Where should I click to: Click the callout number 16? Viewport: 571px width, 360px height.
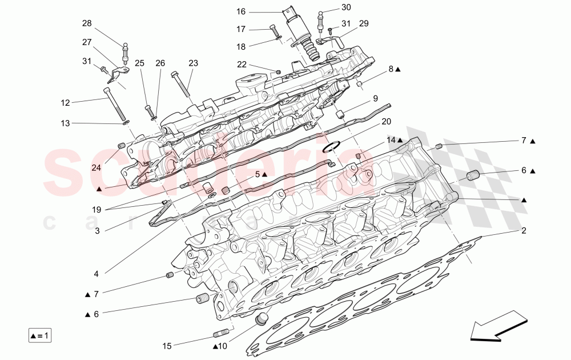(240, 11)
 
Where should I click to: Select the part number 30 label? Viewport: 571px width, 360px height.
(346, 7)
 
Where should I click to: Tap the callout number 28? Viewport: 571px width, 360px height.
(87, 23)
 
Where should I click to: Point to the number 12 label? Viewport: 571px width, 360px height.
(66, 103)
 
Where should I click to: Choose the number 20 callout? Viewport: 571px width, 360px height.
(387, 121)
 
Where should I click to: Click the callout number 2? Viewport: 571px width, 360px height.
(523, 231)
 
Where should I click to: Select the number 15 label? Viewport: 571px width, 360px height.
(167, 346)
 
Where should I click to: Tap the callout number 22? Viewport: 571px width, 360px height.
(242, 64)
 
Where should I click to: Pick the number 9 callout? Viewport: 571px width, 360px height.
(392, 98)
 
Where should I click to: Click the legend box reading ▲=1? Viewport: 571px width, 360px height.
(40, 335)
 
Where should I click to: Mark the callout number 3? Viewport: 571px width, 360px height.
(97, 231)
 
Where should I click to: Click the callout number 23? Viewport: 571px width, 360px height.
(193, 63)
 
